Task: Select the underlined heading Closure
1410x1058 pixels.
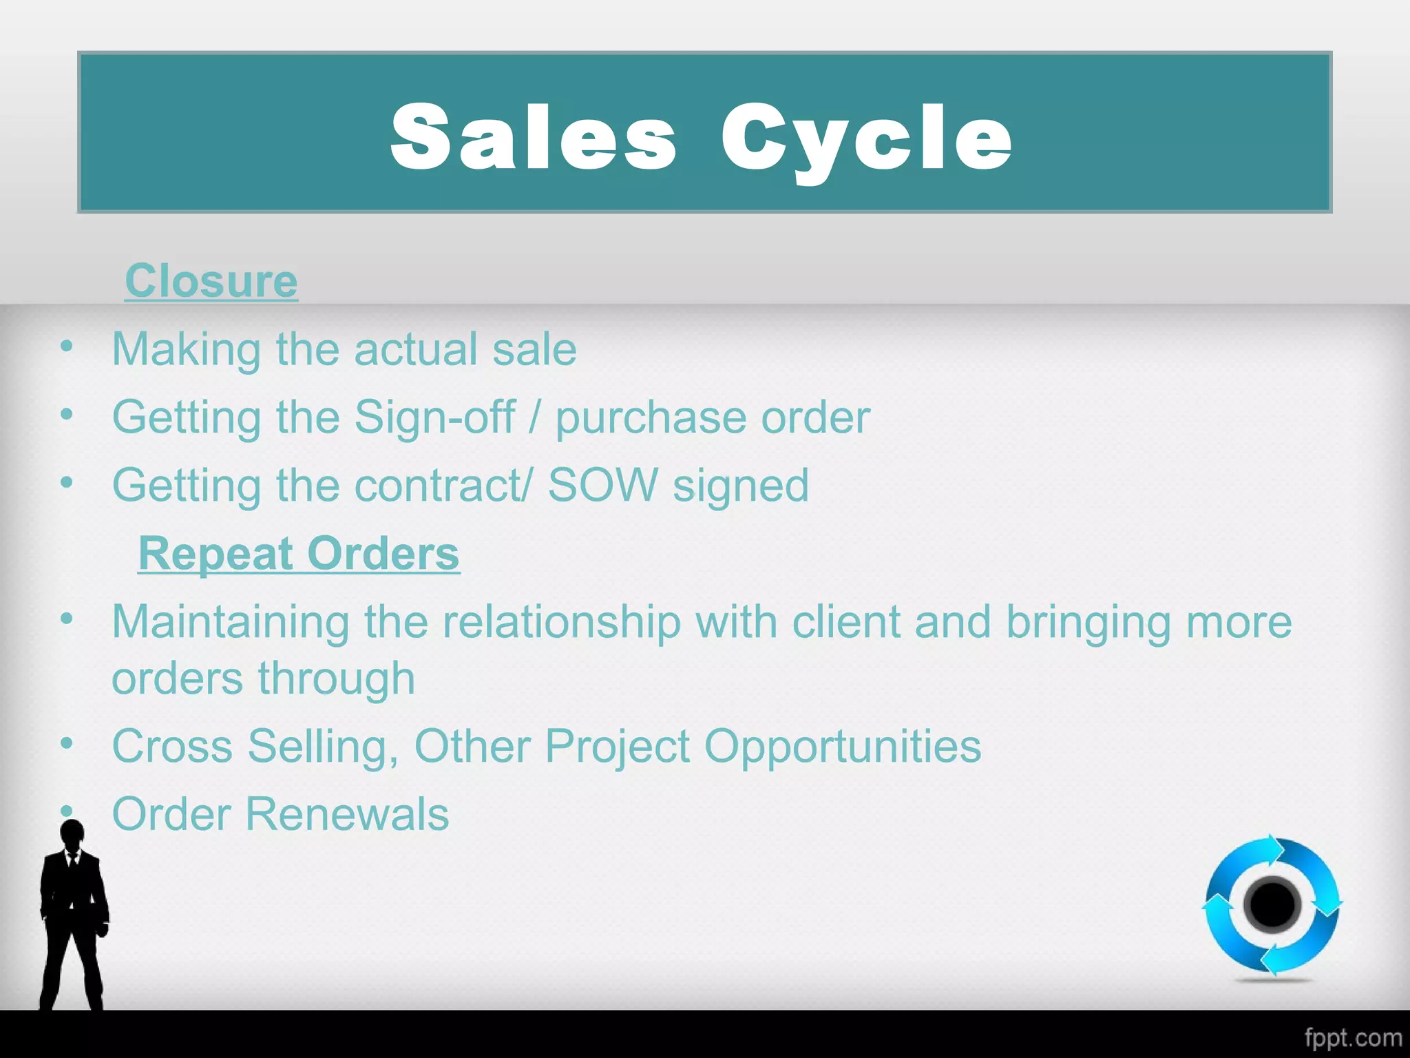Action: point(211,281)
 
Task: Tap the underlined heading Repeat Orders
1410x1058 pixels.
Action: point(299,554)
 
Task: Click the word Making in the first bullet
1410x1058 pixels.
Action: point(186,349)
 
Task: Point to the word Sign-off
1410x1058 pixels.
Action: point(434,417)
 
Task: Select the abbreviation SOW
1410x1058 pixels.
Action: point(602,486)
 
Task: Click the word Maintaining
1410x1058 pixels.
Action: point(230,622)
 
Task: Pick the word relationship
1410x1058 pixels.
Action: point(561,622)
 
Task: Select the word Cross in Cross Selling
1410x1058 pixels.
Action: point(172,746)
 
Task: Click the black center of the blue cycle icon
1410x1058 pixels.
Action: point(1272,905)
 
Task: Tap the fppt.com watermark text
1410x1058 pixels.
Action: point(1353,1037)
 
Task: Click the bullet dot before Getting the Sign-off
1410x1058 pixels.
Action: point(67,415)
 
